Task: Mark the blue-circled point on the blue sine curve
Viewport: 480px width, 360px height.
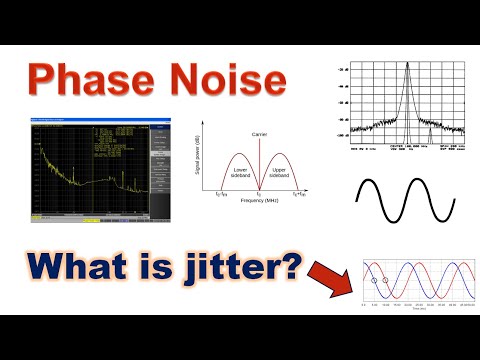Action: pyautogui.click(x=374, y=281)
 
